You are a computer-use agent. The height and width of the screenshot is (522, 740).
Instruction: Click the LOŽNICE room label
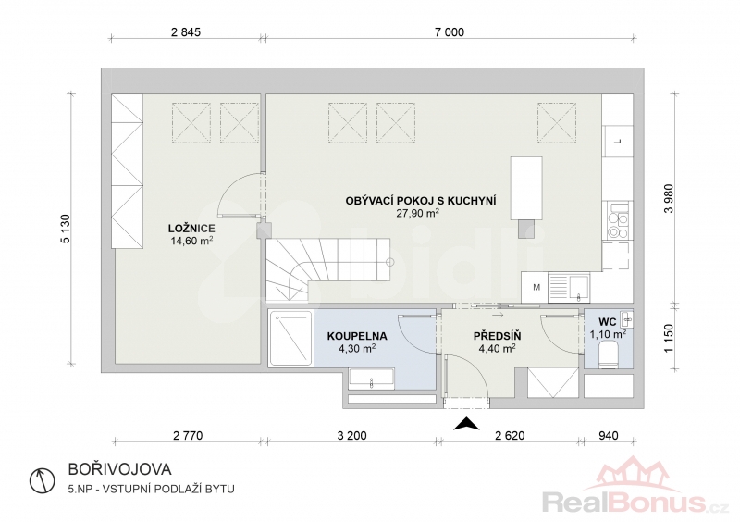click(191, 229)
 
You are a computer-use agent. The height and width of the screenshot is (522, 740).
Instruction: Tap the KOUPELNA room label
click(357, 336)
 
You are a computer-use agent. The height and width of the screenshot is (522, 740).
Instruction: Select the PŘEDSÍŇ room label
click(497, 336)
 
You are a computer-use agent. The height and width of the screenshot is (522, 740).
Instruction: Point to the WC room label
click(608, 322)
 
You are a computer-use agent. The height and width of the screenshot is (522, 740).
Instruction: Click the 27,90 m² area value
click(418, 213)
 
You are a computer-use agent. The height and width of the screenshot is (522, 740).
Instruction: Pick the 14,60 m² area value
click(191, 241)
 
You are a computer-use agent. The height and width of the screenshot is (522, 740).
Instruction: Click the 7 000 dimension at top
click(450, 32)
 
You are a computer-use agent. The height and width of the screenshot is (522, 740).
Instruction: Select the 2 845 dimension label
click(186, 32)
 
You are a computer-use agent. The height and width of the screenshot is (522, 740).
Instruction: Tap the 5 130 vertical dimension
click(65, 230)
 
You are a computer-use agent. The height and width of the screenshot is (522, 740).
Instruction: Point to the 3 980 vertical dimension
click(669, 198)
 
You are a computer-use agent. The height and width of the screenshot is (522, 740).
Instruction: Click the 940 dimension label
click(609, 435)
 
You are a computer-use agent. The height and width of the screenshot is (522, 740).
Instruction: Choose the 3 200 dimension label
click(352, 435)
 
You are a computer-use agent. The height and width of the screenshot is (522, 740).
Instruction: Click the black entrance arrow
click(466, 424)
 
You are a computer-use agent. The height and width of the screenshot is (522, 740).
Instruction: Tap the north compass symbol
click(42, 481)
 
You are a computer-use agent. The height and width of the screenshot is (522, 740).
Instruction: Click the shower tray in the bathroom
click(290, 338)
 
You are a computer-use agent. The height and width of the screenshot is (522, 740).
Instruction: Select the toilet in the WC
click(608, 354)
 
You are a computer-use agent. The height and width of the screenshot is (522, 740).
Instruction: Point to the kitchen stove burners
click(618, 225)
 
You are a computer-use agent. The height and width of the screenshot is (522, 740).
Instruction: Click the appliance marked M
click(536, 287)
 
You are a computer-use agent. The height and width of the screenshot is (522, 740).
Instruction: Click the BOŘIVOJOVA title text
click(120, 469)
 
